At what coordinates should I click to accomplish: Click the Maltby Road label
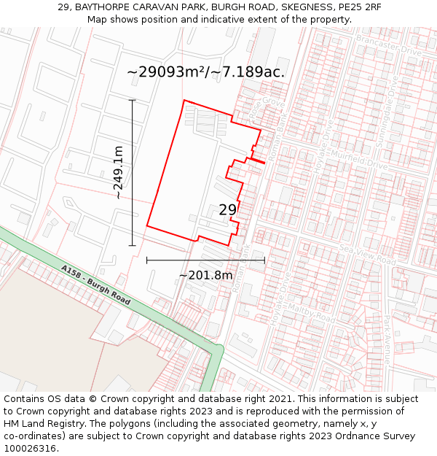tap(311, 312)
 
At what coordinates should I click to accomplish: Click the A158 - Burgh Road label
tap(96, 285)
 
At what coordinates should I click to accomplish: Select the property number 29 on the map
tap(227, 209)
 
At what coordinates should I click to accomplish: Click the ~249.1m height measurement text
tap(118, 172)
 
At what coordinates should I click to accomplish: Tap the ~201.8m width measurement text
tap(205, 275)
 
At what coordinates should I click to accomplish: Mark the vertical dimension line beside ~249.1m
tap(133, 172)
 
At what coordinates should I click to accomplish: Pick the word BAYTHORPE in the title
tap(99, 7)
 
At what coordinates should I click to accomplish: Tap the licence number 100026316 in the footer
tap(31, 449)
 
